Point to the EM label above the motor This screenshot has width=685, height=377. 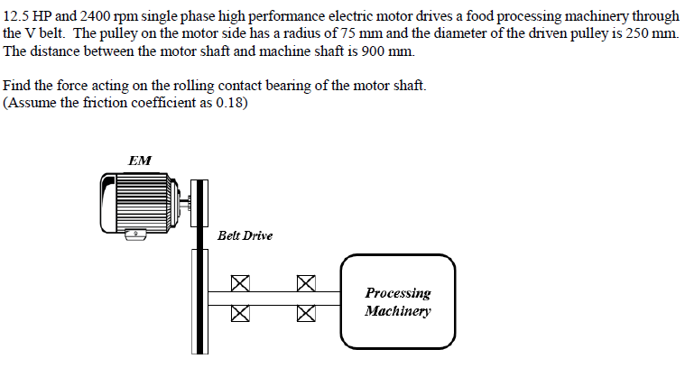tap(140, 161)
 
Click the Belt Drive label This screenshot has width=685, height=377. tap(245, 235)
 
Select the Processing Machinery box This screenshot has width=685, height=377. tap(397, 301)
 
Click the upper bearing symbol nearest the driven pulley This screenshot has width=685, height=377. tap(239, 283)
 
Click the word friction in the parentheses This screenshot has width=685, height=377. tap(118, 102)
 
